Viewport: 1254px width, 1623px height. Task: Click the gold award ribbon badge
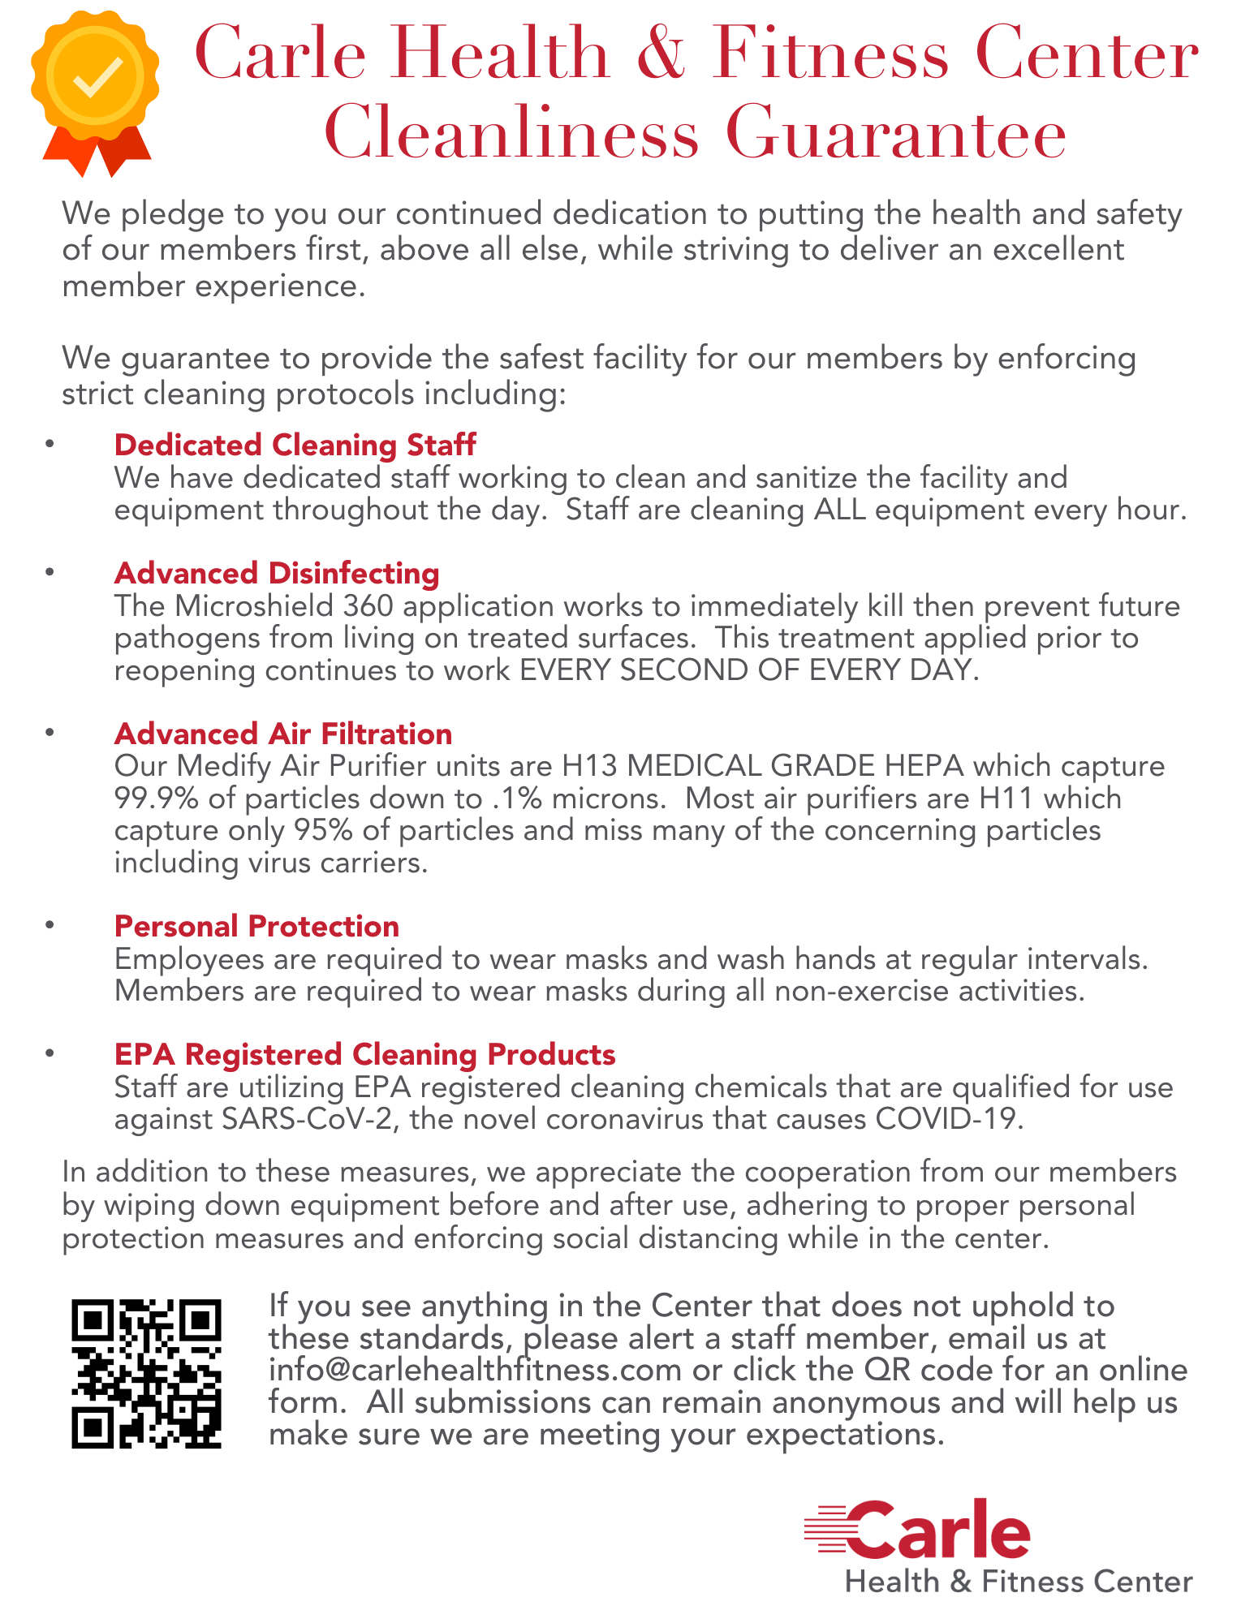(x=95, y=89)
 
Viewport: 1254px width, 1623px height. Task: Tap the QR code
(x=146, y=1373)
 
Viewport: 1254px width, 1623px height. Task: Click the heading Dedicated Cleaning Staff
(x=295, y=445)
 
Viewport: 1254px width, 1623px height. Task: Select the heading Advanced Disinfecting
(x=277, y=573)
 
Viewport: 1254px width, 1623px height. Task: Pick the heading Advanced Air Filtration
(x=283, y=734)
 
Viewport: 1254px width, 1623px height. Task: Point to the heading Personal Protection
(x=256, y=926)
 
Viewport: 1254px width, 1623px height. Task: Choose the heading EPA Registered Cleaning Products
(x=364, y=1054)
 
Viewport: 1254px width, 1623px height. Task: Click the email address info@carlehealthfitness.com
(x=475, y=1370)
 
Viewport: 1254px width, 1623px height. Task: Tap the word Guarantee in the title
(x=895, y=134)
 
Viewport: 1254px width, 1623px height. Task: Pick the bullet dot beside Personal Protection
(x=50, y=925)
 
